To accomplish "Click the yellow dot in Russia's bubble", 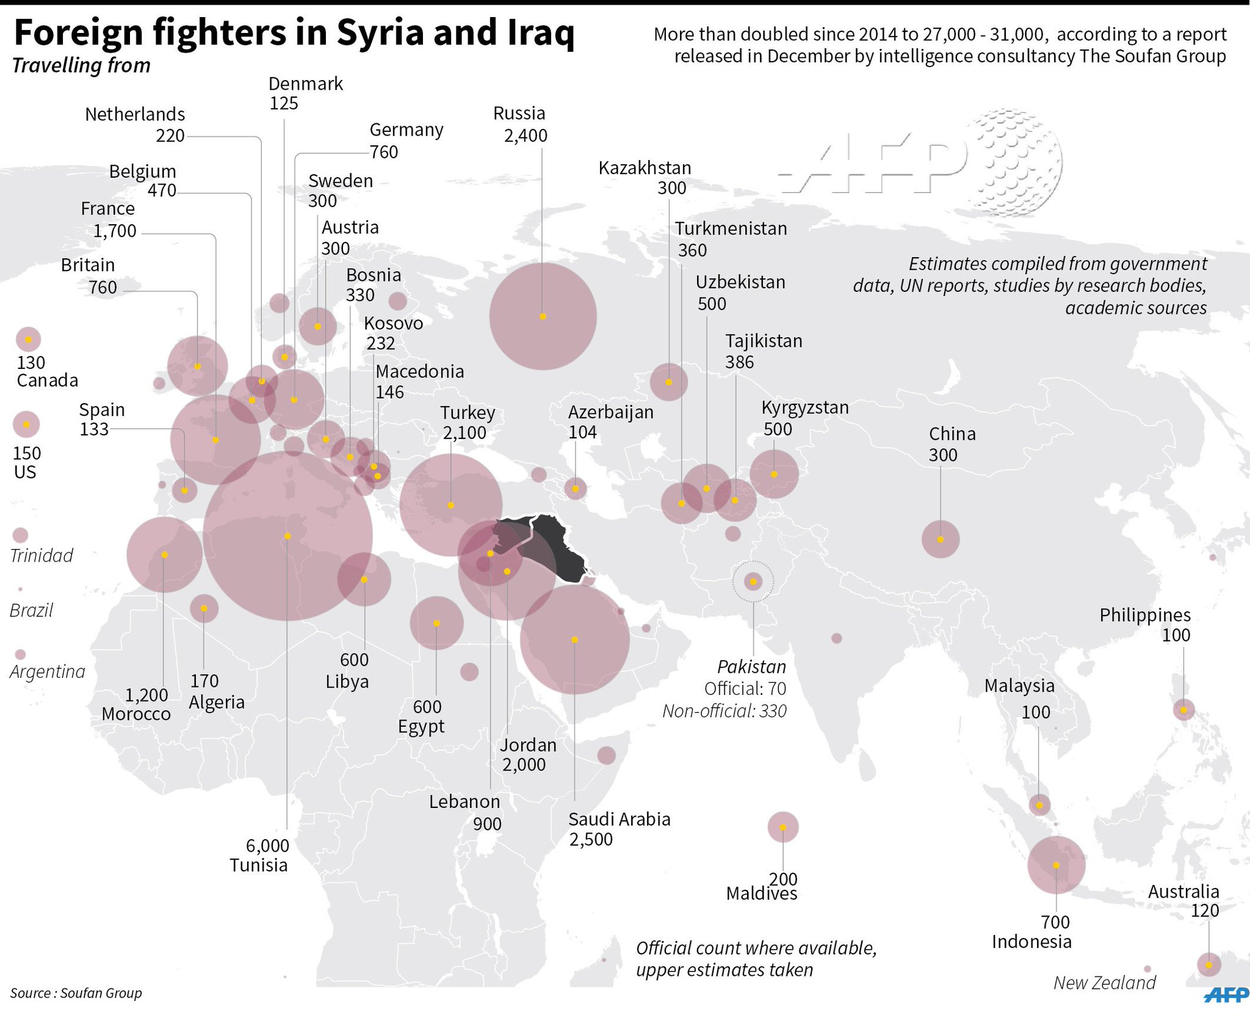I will [543, 316].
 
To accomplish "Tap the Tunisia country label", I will [258, 865].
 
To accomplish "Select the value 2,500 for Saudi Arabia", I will [591, 839].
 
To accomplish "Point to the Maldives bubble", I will [783, 827].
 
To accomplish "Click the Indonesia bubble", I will [1056, 865].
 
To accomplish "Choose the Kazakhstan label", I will [645, 168].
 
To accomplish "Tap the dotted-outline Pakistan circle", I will [753, 581].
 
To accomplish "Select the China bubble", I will [940, 539].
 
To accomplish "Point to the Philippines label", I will [1145, 615].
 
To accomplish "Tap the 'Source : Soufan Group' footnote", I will [76, 993].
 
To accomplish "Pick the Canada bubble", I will [28, 339].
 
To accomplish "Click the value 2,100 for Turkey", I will [464, 433].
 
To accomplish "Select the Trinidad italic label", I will [42, 555].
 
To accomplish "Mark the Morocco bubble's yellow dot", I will [164, 554].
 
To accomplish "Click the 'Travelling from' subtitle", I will [81, 65].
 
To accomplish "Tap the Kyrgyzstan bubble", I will [774, 474].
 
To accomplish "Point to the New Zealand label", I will [1104, 983].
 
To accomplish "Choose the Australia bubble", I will [1208, 964].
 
